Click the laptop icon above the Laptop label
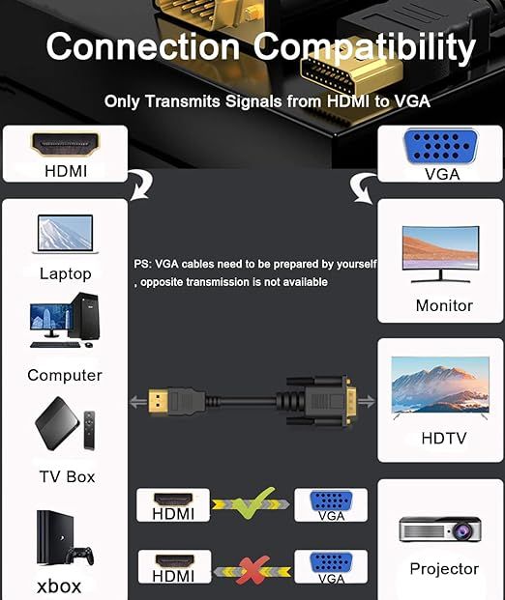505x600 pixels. coord(66,234)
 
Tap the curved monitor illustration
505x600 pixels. coord(440,254)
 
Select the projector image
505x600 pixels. coord(440,529)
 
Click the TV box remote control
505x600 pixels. coord(89,430)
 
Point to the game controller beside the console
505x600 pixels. coord(79,556)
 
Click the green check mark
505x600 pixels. coord(254,502)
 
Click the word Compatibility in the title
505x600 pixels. coord(365,47)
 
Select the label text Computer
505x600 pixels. coord(65,375)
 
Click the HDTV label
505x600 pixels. coord(444,438)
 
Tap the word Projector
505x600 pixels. coord(444,569)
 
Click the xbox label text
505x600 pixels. coord(59,586)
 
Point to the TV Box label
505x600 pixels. coord(67,476)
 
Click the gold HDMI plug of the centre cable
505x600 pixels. coord(158,401)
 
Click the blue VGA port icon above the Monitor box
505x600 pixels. coord(440,147)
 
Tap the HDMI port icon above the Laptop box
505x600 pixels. coord(65,144)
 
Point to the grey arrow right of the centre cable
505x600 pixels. coord(367,401)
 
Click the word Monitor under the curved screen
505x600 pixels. coord(444,305)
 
